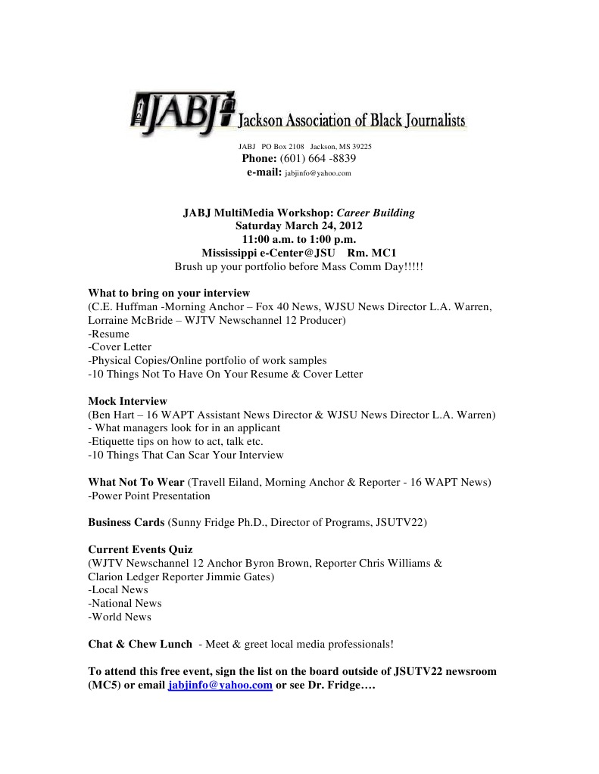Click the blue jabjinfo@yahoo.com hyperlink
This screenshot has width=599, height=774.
tap(220, 685)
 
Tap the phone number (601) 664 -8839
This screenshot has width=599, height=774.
tap(318, 159)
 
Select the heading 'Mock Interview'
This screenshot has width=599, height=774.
tap(127, 401)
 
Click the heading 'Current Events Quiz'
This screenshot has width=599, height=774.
tap(140, 549)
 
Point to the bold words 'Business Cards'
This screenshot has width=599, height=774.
tap(126, 522)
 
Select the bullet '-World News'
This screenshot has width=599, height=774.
tap(120, 617)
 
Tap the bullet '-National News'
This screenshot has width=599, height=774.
tap(125, 603)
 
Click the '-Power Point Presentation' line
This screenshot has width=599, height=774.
tap(149, 496)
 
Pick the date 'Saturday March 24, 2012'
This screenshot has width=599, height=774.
tap(298, 226)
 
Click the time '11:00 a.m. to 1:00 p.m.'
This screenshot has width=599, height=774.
tap(298, 240)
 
